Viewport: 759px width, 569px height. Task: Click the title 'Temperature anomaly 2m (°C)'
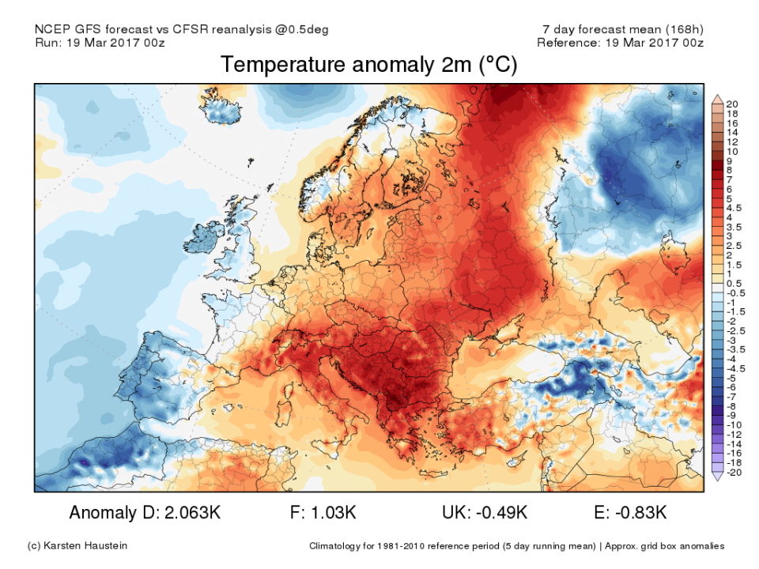coord(368,65)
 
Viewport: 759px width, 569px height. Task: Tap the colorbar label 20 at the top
coord(731,104)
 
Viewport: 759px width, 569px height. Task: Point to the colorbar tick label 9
coord(729,160)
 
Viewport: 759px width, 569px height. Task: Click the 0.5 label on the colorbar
coord(733,283)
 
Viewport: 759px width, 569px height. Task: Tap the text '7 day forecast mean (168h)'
coord(619,29)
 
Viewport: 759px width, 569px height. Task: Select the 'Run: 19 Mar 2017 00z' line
coord(101,43)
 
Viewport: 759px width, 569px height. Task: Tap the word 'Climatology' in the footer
coord(340,546)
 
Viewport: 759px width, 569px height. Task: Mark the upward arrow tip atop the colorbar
coord(718,97)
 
